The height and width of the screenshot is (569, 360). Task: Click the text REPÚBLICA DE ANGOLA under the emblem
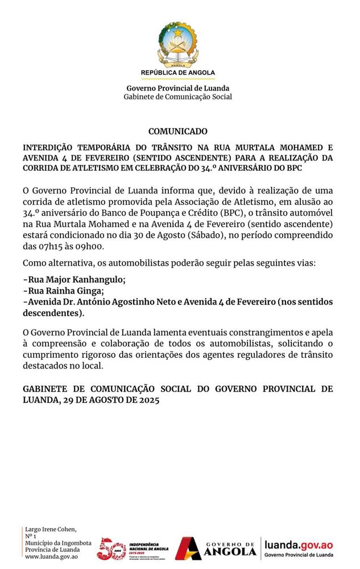click(x=178, y=73)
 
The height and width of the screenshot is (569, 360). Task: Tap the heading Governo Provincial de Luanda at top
click(x=178, y=88)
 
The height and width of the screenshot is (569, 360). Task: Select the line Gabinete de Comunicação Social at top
click(x=178, y=97)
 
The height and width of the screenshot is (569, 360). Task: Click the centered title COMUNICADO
click(x=178, y=131)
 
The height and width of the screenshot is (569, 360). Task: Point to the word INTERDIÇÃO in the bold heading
click(x=47, y=146)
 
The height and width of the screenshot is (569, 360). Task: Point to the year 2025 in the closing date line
click(x=146, y=399)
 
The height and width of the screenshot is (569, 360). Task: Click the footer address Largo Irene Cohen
click(x=51, y=529)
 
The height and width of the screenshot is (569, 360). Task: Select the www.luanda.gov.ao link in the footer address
click(x=51, y=556)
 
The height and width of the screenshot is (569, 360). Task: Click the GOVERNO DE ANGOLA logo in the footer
click(x=216, y=549)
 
